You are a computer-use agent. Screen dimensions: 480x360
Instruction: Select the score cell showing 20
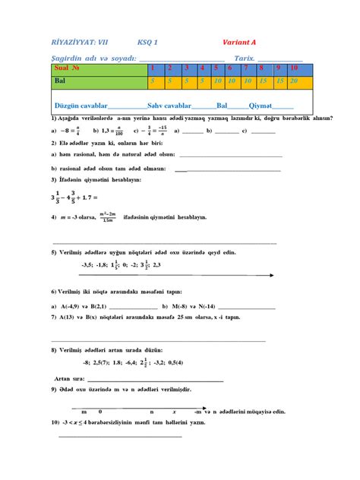(294, 80)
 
